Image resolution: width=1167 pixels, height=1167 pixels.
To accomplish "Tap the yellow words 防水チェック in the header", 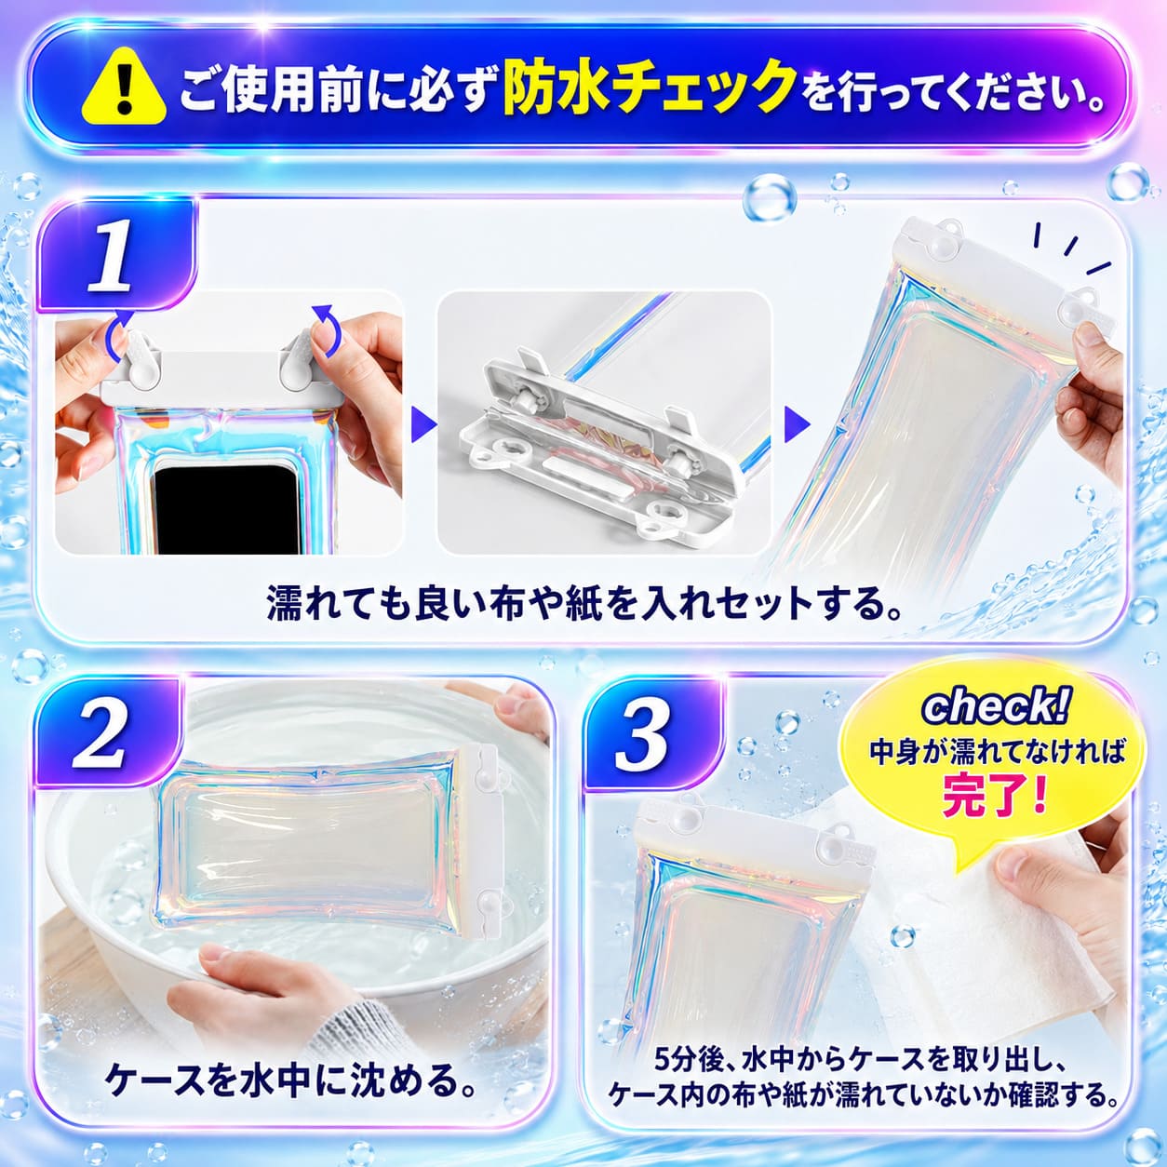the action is coord(650,89).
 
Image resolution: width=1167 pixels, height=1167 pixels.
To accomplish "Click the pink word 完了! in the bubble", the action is coord(995,798).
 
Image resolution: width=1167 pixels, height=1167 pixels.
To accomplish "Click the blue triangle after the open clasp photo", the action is coord(797,424).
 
